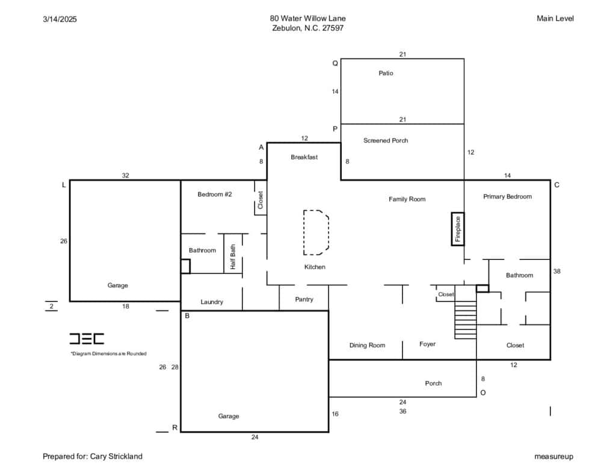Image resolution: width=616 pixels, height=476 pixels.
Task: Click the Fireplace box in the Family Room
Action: [458, 229]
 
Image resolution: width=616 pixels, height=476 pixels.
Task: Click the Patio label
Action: [386, 73]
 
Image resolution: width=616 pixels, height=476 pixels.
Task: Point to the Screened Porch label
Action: [386, 140]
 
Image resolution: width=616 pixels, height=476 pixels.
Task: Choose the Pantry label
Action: [304, 300]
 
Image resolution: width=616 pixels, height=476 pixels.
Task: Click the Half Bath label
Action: [233, 257]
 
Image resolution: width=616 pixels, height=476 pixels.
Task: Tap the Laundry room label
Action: [212, 302]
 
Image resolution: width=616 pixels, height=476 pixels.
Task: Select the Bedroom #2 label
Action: [215, 194]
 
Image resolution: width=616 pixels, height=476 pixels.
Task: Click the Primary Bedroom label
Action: [507, 197]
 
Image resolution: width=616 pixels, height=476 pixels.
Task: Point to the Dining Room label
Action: [368, 345]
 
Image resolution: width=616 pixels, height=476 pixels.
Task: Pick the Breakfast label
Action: [304, 157]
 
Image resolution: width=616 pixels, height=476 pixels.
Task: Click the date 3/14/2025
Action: [60, 19]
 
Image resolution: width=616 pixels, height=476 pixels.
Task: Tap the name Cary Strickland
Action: [116, 456]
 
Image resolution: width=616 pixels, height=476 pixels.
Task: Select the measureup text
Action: [553, 457]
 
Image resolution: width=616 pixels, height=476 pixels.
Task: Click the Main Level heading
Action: [555, 19]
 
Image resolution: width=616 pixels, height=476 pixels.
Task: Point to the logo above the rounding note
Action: [87, 339]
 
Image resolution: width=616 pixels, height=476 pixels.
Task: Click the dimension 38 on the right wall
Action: [556, 271]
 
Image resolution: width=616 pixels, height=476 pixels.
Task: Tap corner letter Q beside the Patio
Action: [335, 63]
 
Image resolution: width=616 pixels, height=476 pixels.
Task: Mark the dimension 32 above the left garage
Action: [125, 175]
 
